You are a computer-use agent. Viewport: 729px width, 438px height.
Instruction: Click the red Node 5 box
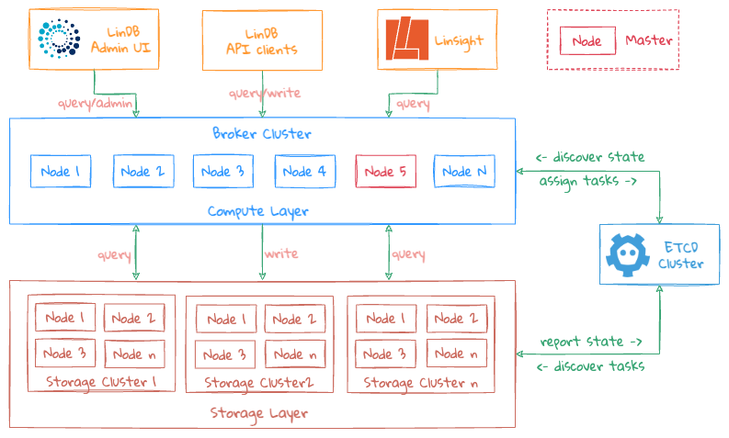click(x=384, y=172)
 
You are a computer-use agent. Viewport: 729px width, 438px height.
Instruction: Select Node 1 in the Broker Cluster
click(x=61, y=172)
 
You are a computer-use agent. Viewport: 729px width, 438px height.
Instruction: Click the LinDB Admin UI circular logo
click(x=60, y=38)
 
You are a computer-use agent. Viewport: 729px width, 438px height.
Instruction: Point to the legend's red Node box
click(x=587, y=41)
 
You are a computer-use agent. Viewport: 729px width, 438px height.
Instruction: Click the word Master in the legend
click(x=648, y=40)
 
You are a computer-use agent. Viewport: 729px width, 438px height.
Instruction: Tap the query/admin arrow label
click(x=97, y=104)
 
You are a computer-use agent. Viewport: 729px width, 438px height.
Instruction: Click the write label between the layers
click(x=280, y=253)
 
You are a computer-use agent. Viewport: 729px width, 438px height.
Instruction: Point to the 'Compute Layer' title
click(x=258, y=211)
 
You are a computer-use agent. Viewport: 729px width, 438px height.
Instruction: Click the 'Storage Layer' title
click(x=258, y=413)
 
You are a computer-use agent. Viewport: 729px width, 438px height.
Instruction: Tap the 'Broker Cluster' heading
click(x=261, y=133)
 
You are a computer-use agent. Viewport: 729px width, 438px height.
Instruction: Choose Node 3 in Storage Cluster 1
click(x=63, y=354)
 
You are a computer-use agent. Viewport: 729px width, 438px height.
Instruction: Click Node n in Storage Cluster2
click(x=294, y=354)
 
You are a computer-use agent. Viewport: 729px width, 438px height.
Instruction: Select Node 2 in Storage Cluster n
click(x=453, y=319)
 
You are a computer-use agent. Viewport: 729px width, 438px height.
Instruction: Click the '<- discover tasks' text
click(x=591, y=366)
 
